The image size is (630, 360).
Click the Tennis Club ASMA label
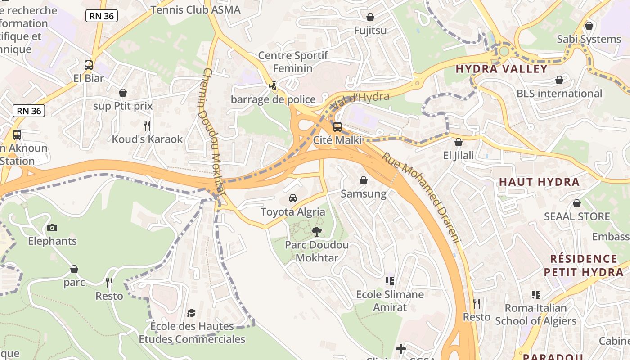195,9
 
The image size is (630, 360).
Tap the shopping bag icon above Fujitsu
370,18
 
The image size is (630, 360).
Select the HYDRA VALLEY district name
502,69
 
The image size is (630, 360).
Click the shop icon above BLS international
559,81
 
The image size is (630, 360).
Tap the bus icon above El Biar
89,65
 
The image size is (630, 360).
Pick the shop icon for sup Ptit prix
123,93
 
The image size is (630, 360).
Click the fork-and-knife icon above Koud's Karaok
147,126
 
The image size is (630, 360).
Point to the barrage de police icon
273,86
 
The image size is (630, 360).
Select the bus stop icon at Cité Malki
337,127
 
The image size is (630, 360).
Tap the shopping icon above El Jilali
458,143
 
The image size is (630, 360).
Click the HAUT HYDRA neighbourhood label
539,182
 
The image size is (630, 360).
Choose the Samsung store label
364,194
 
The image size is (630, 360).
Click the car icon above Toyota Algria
293,198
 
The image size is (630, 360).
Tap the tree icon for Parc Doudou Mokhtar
317,232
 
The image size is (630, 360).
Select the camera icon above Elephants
52,228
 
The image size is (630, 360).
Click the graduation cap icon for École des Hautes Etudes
192,313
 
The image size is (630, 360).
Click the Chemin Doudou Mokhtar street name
213,130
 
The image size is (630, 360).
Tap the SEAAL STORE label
577,216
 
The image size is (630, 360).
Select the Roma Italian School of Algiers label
535,315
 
